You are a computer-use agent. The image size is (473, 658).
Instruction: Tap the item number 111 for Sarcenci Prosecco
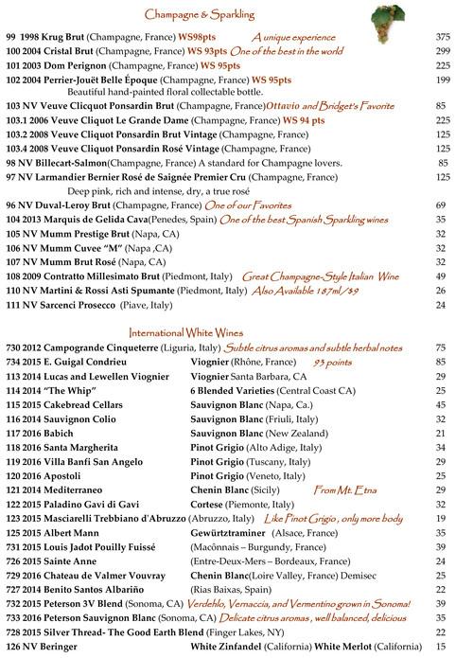click(x=13, y=306)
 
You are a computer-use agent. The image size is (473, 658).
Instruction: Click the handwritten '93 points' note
click(x=333, y=362)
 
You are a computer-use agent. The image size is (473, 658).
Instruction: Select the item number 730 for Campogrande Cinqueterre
click(x=13, y=348)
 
